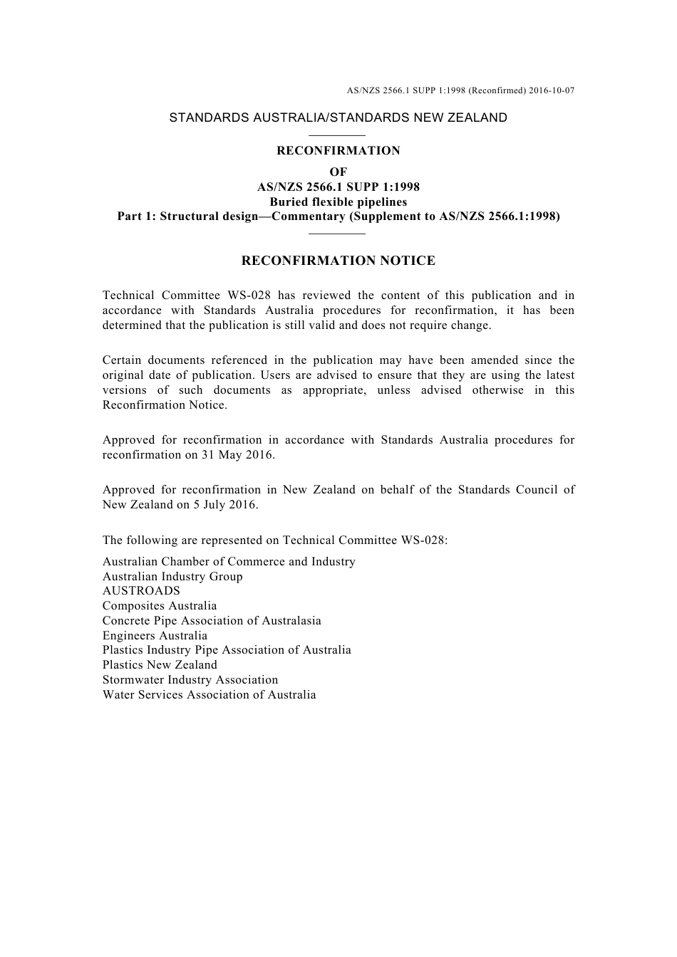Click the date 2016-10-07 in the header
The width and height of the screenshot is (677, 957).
point(552,90)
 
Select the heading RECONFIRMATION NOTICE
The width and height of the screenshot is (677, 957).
point(338,261)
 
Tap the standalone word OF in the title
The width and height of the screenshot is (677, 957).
point(338,172)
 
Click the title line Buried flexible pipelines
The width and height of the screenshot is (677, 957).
point(338,202)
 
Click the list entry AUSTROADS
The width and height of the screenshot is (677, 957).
point(141,591)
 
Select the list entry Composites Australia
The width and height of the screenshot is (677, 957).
point(160,606)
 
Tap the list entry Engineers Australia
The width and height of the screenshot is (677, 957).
point(155,636)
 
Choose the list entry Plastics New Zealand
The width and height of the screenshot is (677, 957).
point(160,665)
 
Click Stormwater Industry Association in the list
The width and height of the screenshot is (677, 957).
point(190,680)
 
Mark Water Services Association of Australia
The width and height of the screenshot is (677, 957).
point(209,695)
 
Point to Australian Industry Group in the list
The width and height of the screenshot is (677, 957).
point(172,577)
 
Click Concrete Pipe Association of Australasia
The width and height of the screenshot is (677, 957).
point(212,621)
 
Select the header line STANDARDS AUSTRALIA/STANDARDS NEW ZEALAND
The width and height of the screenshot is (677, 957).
point(338,118)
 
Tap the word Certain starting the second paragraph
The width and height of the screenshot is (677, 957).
point(121,360)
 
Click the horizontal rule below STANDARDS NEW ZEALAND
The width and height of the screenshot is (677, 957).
point(338,135)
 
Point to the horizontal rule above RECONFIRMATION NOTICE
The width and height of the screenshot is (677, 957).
point(338,233)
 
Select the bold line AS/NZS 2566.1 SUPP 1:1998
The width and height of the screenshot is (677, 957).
point(338,187)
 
